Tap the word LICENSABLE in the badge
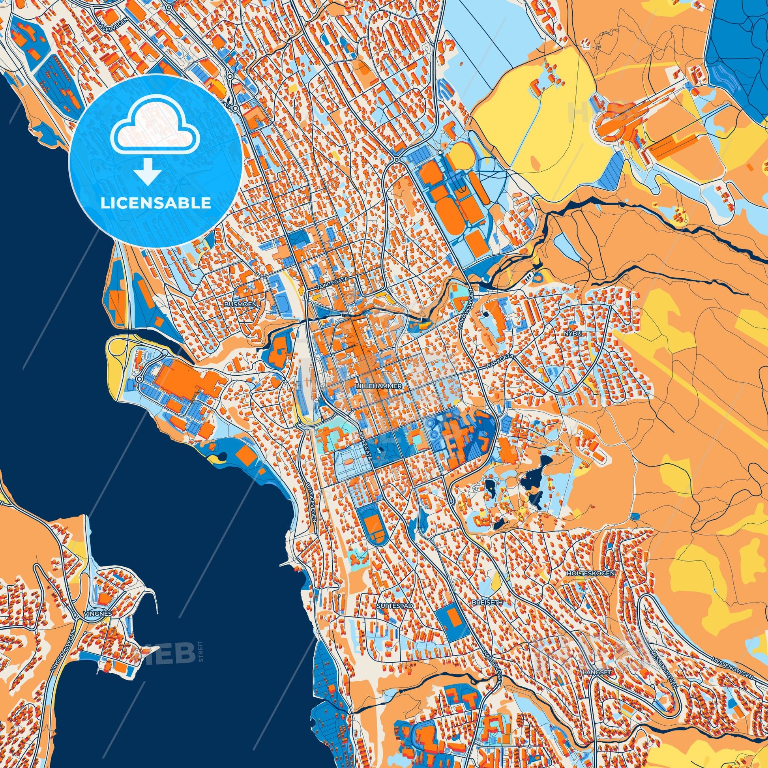pyautogui.click(x=155, y=204)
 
